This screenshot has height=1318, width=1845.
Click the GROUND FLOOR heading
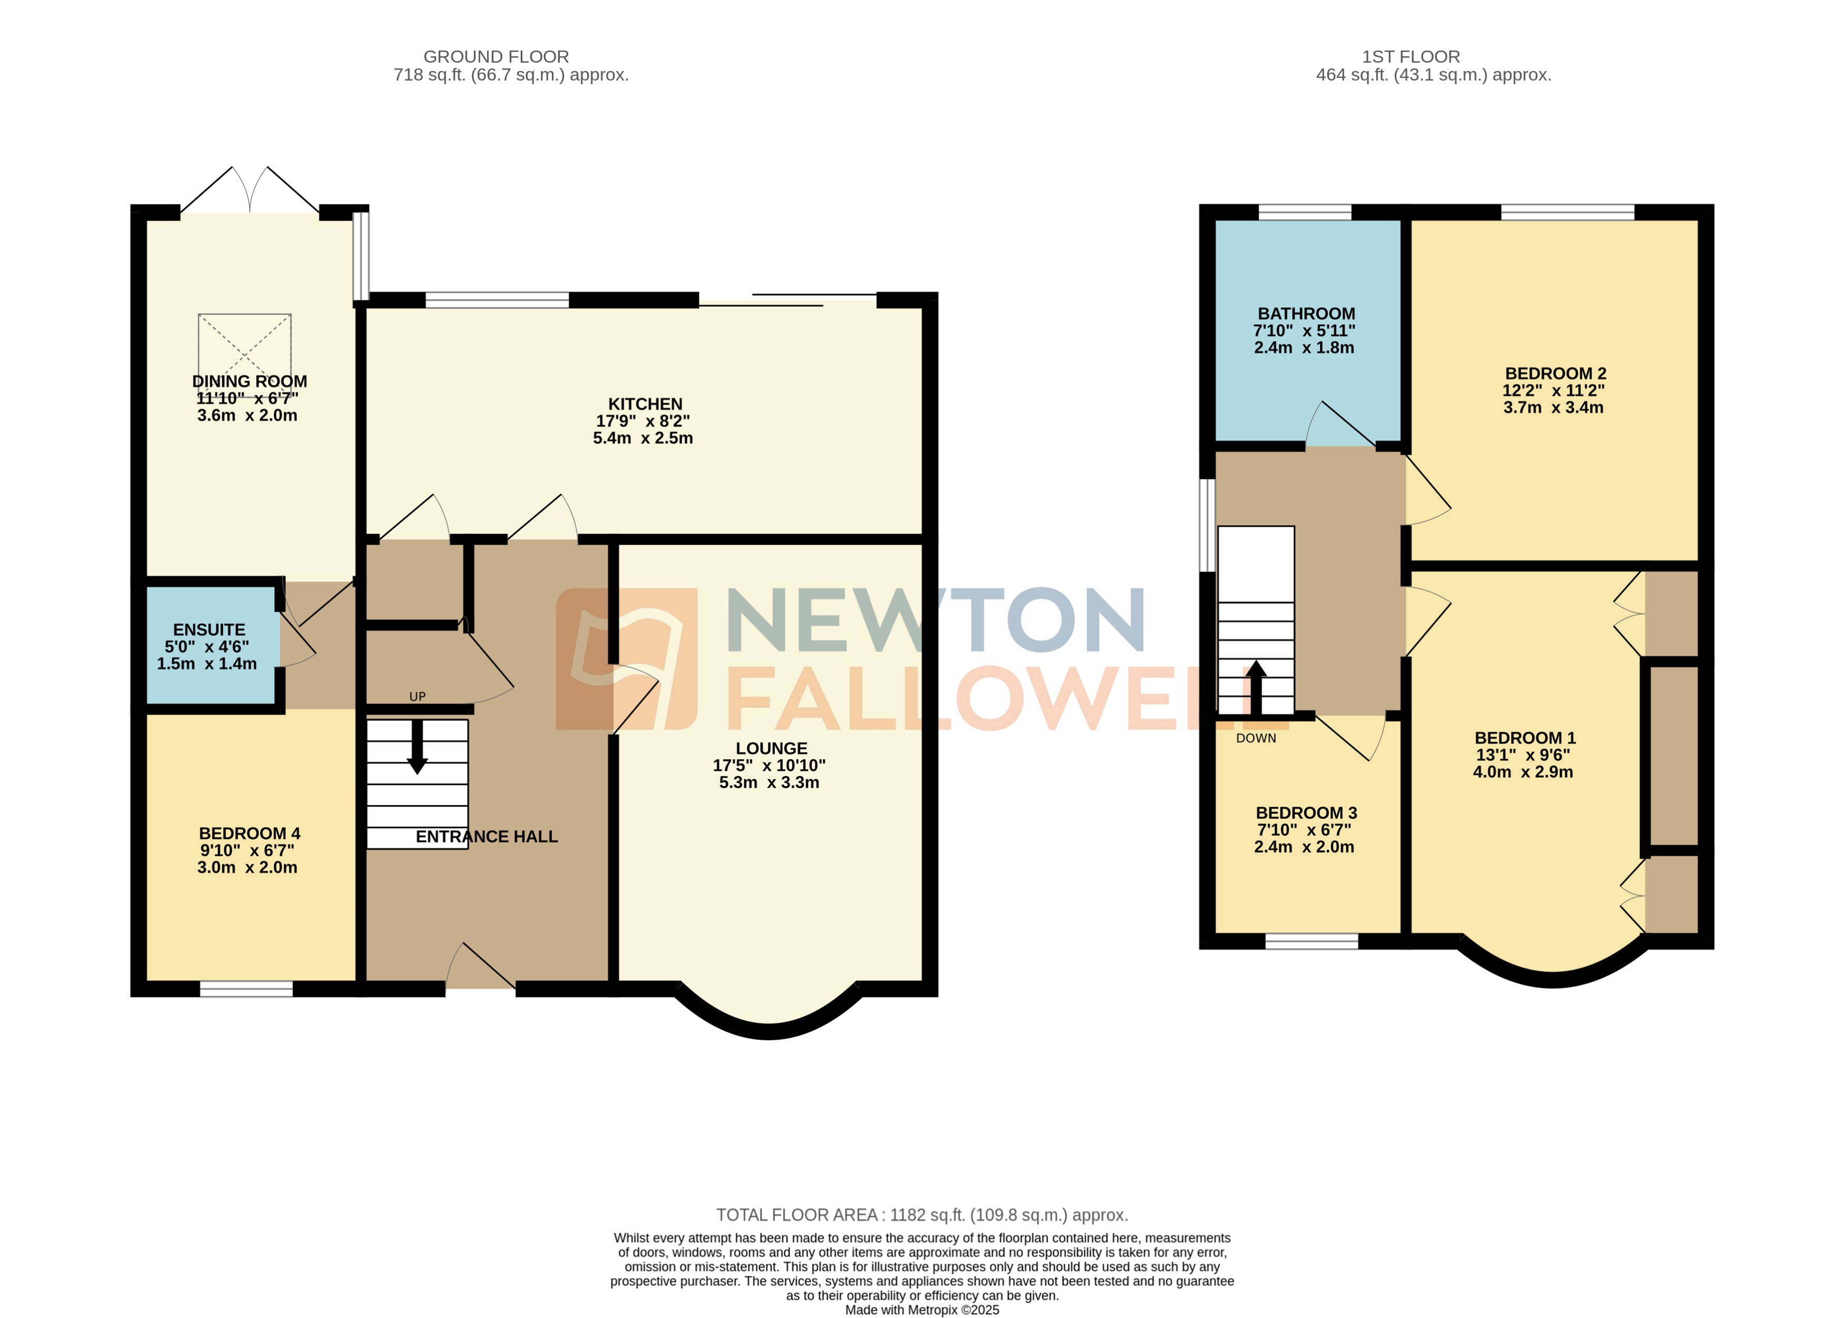[x=496, y=57]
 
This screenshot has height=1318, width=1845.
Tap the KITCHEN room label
[x=645, y=404]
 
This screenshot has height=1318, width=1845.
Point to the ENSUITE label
[x=209, y=630]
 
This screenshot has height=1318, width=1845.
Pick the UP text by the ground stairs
[x=417, y=696]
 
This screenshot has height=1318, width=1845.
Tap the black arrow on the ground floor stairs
[x=417, y=747]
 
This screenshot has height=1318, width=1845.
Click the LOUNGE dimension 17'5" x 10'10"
[x=769, y=765]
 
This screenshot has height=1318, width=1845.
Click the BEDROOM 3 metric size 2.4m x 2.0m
[x=1303, y=847]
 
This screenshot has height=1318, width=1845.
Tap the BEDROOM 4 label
[x=249, y=834]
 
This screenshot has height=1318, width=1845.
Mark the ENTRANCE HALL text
[x=486, y=837]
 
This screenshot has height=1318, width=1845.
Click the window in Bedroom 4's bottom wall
[x=246, y=988]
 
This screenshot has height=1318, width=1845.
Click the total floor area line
[x=921, y=1215]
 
